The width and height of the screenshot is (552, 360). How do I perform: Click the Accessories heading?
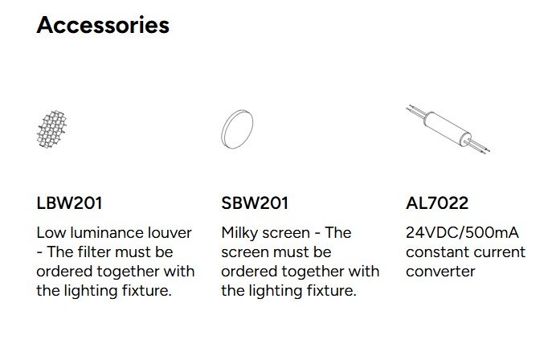click(103, 26)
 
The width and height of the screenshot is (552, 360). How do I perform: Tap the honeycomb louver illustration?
click(51, 129)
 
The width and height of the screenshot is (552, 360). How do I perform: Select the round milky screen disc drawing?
click(237, 129)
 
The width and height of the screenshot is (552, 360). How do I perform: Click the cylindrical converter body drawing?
click(448, 129)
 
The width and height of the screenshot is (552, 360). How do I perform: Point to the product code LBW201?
click(69, 203)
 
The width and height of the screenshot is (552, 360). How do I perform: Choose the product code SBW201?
click(255, 203)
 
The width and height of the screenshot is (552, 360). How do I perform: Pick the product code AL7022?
click(437, 203)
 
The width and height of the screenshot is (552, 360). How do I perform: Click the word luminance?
click(107, 232)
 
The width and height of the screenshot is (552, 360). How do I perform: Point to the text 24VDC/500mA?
click(462, 232)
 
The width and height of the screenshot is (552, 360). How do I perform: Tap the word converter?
click(440, 272)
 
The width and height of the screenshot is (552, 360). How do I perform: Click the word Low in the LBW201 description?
click(51, 232)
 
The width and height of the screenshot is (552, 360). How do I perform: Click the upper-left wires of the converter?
click(416, 111)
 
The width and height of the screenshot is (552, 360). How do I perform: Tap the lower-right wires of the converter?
click(477, 146)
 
